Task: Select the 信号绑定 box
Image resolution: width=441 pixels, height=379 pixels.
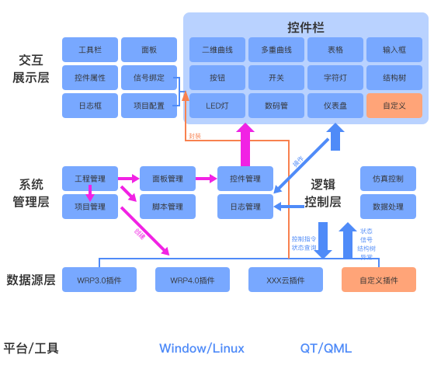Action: tap(149, 78)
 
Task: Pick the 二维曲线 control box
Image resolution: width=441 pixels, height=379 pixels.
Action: tap(217, 50)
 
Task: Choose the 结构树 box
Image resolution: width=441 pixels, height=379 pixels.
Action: tap(394, 78)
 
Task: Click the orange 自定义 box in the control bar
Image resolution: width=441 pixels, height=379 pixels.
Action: tap(394, 105)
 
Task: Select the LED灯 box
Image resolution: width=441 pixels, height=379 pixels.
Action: tap(217, 105)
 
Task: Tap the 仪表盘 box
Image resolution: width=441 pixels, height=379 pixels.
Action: tap(335, 105)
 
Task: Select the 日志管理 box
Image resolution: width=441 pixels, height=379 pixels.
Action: tap(245, 207)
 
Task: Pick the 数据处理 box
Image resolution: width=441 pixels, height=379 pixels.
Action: tap(387, 207)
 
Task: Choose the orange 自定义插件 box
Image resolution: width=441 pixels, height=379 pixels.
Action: tap(379, 280)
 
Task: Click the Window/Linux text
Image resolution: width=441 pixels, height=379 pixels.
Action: tap(202, 348)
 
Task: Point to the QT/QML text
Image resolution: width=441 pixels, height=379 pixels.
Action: tap(326, 348)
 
